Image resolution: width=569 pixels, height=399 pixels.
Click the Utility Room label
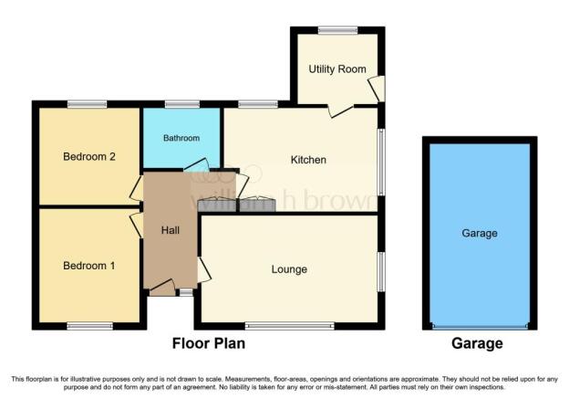(337, 69)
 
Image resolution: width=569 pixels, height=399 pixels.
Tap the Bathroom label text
(181, 138)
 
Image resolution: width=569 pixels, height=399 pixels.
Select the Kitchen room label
(308, 160)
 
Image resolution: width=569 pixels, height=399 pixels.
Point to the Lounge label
(289, 269)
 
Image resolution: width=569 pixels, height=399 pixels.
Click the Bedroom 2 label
(89, 157)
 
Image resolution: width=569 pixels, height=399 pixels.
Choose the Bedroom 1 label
(89, 266)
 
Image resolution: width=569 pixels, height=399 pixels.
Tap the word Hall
(171, 230)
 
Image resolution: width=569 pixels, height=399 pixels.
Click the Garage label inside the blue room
(480, 234)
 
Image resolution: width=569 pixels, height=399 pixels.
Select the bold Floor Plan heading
(209, 343)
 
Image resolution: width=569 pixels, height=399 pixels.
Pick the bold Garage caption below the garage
(477, 343)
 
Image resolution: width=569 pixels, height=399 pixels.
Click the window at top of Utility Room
(337, 30)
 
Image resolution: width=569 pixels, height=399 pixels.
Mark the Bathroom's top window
(182, 105)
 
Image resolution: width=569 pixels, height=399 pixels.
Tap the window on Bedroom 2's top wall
(88, 105)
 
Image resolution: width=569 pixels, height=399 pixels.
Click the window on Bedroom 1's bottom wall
(90, 326)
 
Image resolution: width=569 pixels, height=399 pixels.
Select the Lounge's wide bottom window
(290, 326)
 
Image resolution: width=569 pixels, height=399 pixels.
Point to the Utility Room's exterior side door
(378, 89)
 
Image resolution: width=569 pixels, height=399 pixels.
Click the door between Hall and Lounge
(204, 269)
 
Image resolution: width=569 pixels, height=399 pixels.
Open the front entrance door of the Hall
(162, 288)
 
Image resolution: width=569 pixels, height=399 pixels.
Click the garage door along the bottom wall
(480, 326)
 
